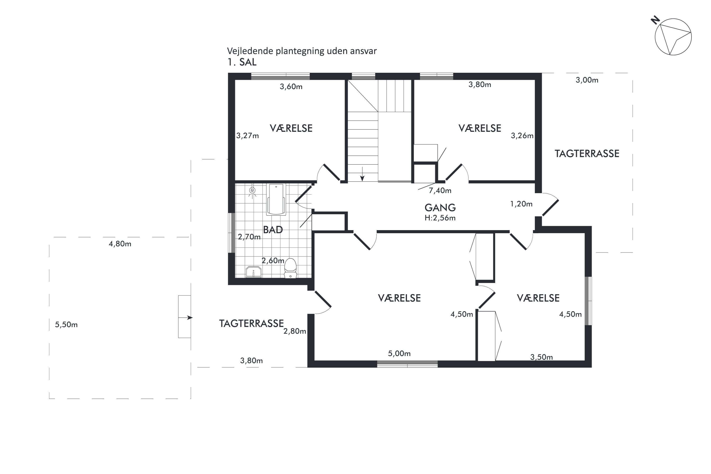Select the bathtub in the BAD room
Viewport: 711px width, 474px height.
point(276,199)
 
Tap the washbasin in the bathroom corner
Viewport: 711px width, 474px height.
point(253,272)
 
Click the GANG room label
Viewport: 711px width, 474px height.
point(440,208)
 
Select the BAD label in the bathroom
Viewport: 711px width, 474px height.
point(273,230)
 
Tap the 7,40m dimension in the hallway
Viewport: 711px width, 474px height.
point(440,191)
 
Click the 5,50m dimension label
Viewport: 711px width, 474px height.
point(66,325)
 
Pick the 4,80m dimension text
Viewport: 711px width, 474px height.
point(120,244)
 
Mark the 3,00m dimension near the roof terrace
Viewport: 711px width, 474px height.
point(587,80)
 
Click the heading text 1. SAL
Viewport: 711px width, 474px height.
point(242,62)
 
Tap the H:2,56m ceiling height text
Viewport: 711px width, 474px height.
point(440,218)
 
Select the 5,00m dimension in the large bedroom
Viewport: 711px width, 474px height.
point(399,353)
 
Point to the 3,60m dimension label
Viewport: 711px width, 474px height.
point(291,87)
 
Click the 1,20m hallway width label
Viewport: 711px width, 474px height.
point(521,204)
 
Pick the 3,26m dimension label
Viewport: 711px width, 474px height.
point(522,136)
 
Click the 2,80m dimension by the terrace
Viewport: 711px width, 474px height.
point(295,331)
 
